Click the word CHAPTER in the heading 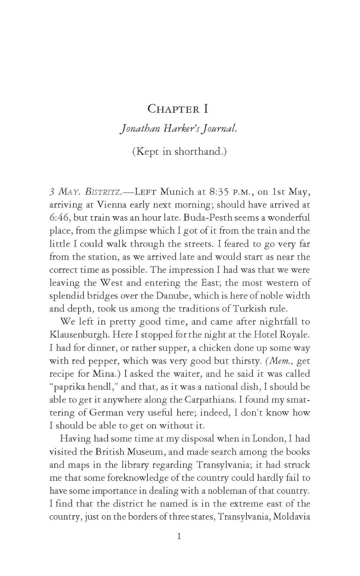coord(173,109)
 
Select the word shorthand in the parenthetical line coord(198,152)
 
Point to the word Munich coord(175,192)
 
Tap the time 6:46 coord(59,218)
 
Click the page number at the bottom coord(179,536)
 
